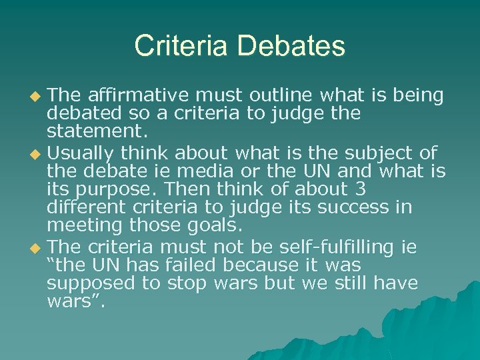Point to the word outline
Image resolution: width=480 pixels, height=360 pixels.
click(x=260, y=96)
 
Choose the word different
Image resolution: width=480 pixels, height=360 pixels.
click(x=83, y=207)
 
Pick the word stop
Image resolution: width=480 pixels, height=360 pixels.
click(x=185, y=283)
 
